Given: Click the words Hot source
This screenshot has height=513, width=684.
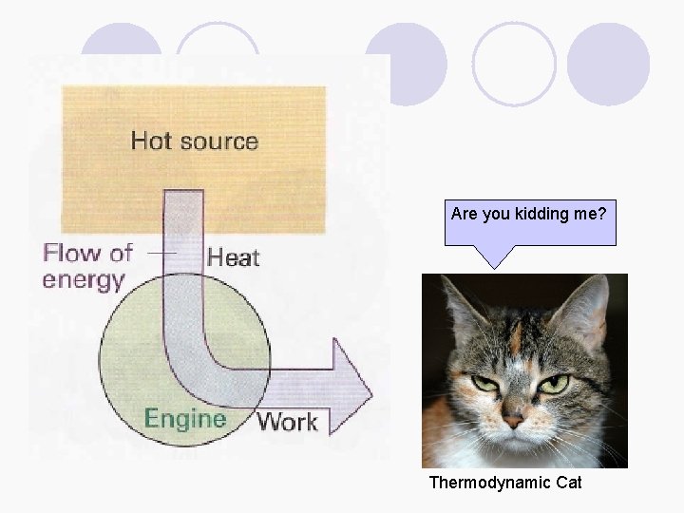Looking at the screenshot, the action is [194, 142].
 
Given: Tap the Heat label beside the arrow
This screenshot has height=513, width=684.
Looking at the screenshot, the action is [233, 256].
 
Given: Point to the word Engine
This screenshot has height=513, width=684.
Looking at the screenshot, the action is [185, 419].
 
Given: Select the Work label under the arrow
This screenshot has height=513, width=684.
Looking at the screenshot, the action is [287, 421].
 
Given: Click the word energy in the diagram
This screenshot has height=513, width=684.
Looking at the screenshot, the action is [84, 280].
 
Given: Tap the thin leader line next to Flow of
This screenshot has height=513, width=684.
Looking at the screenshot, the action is [162, 254].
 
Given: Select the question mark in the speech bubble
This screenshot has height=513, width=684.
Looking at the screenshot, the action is [602, 215].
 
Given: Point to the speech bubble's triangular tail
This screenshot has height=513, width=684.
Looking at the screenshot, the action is [494, 256].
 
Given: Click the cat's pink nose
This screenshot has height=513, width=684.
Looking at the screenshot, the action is [513, 418].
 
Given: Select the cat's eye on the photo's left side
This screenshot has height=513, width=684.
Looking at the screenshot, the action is [485, 383].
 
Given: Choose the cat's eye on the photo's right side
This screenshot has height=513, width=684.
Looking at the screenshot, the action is [555, 384].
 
